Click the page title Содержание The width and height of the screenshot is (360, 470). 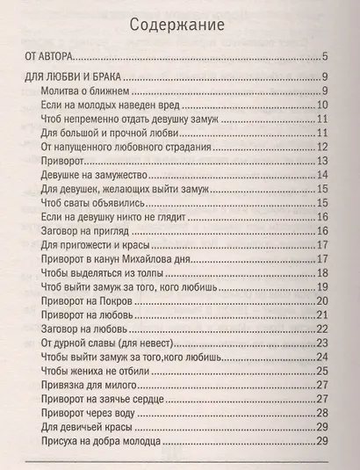click(179, 24)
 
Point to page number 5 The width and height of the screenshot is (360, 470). click(325, 56)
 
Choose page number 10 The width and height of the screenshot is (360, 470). click(321, 105)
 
